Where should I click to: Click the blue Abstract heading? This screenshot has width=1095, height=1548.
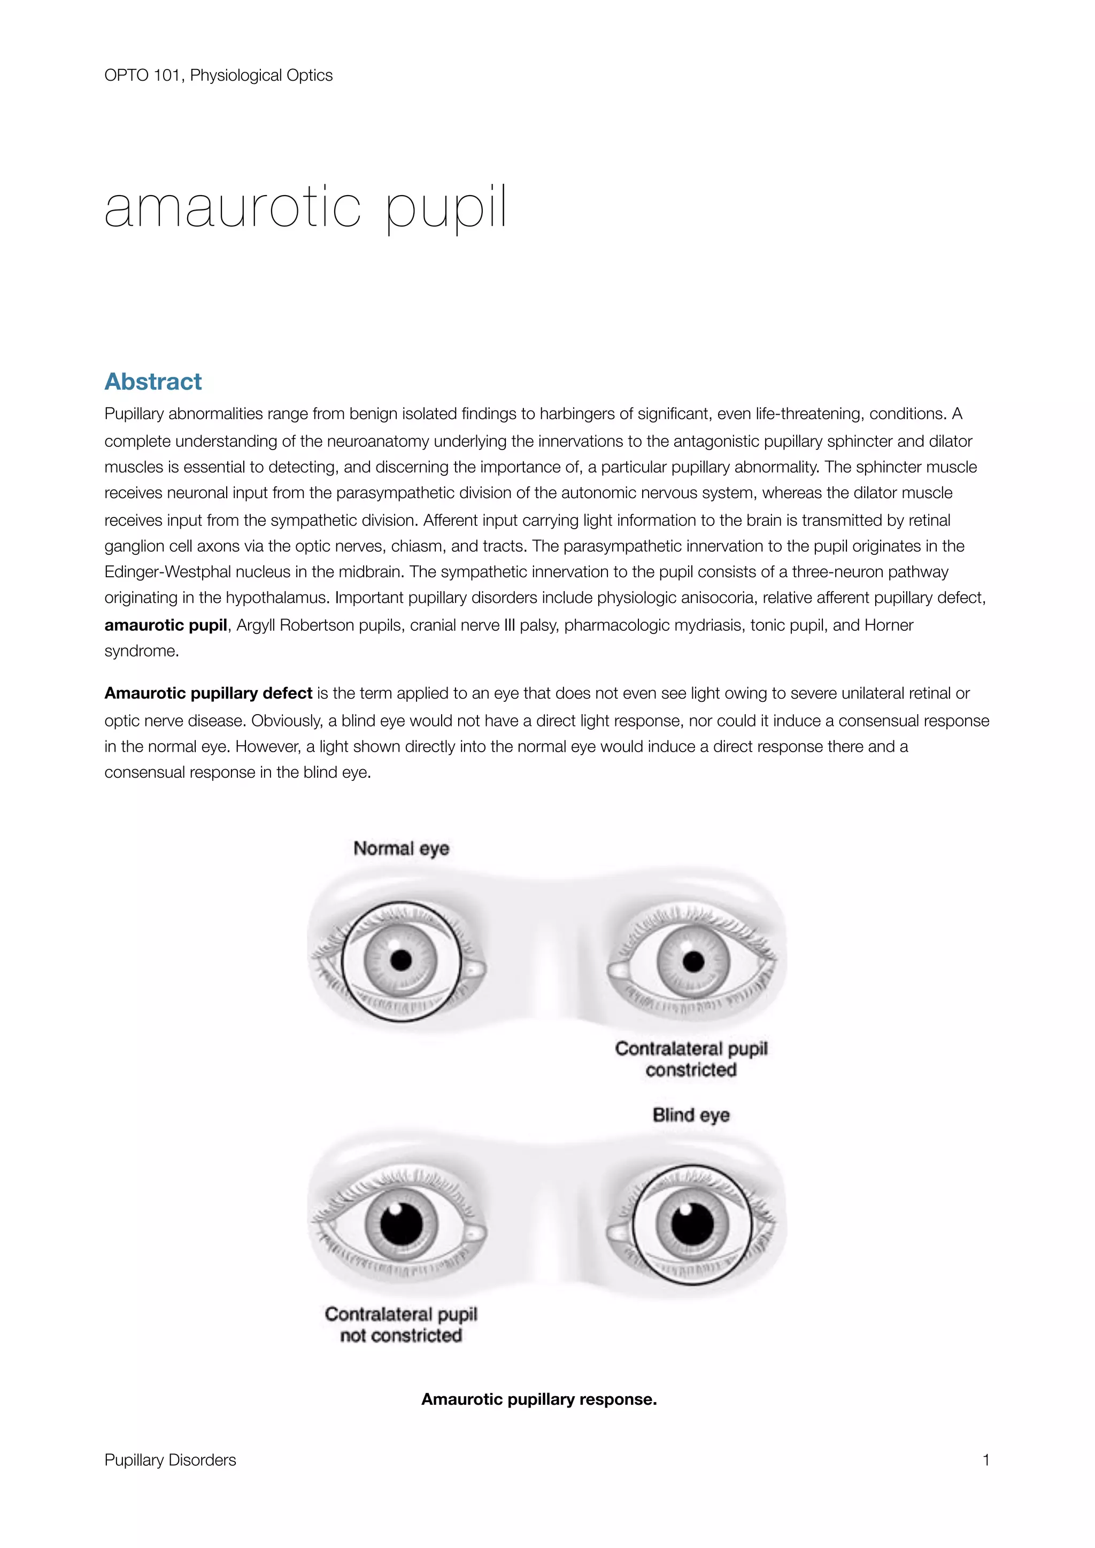click(153, 382)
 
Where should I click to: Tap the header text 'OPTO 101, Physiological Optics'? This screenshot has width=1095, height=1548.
click(219, 75)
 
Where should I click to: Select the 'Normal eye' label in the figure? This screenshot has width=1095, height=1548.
click(401, 848)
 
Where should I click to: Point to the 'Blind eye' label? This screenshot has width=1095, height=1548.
click(691, 1114)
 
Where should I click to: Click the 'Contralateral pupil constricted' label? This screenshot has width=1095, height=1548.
click(691, 1059)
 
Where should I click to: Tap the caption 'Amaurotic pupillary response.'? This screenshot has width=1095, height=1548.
click(539, 1399)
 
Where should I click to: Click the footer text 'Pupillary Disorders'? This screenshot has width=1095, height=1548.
click(170, 1460)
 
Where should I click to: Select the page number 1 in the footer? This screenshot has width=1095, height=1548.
click(986, 1460)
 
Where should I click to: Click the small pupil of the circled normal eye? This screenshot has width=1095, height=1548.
click(401, 960)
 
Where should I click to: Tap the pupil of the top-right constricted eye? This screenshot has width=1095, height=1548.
click(693, 962)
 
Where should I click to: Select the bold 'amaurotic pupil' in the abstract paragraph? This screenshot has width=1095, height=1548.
click(165, 625)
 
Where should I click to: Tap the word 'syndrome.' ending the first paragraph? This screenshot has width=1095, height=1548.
click(142, 651)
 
